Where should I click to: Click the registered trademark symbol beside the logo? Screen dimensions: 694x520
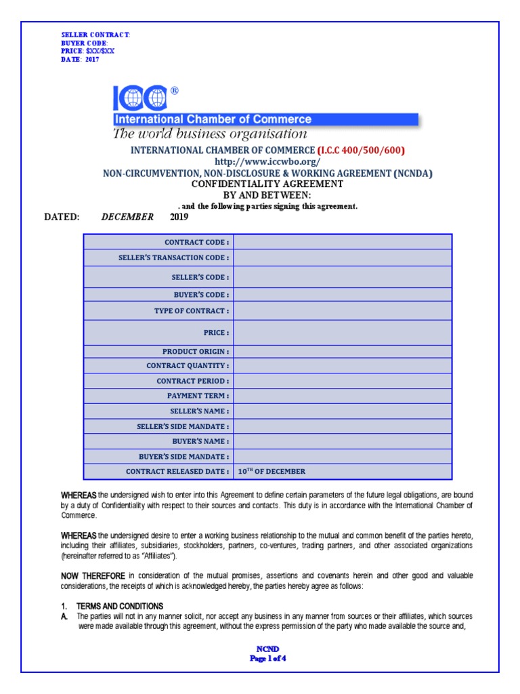pyautogui.click(x=175, y=90)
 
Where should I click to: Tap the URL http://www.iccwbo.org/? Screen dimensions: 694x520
pyautogui.click(x=267, y=162)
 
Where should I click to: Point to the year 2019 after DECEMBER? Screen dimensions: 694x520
pyautogui.click(x=180, y=218)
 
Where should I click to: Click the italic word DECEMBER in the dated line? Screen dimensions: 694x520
pyautogui.click(x=127, y=218)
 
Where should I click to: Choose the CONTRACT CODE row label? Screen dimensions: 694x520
pyautogui.click(x=197, y=242)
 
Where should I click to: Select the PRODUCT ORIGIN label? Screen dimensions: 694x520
pyautogui.click(x=196, y=352)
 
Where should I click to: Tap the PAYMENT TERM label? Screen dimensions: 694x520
pyautogui.click(x=198, y=396)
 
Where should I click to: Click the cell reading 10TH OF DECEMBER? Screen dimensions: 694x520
pyautogui.click(x=272, y=472)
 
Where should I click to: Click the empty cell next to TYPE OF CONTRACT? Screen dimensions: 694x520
pyautogui.click(x=343, y=311)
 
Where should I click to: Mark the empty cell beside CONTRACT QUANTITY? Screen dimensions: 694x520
pyautogui.click(x=343, y=366)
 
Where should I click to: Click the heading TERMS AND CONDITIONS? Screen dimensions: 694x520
pyautogui.click(x=119, y=605)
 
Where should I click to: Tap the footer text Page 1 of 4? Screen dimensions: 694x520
pyautogui.click(x=269, y=657)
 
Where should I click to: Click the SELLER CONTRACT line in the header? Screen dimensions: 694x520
pyautogui.click(x=95, y=35)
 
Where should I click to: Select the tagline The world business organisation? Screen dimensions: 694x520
pyautogui.click(x=209, y=134)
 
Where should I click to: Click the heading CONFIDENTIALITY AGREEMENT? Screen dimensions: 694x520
pyautogui.click(x=267, y=184)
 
